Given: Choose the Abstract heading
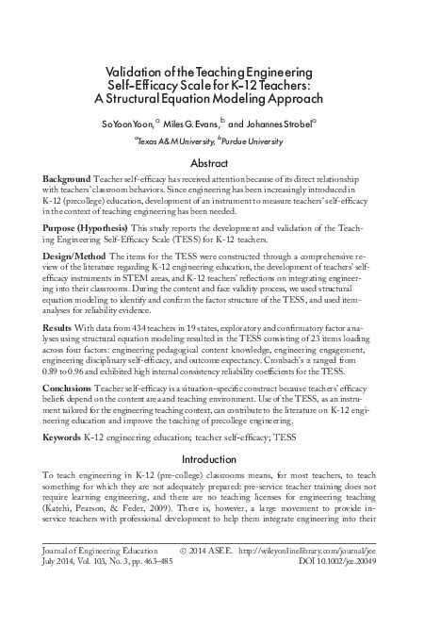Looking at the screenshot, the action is [x=211, y=163].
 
